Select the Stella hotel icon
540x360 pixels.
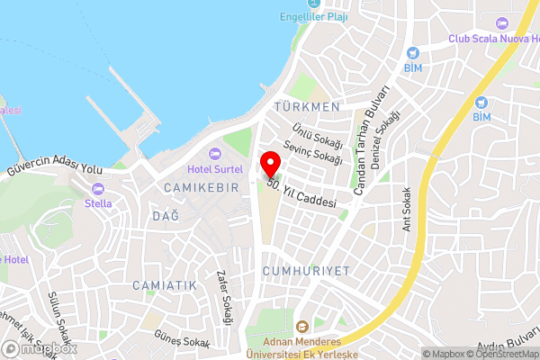click(x=98, y=189)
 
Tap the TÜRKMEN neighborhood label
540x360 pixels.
click(x=309, y=107)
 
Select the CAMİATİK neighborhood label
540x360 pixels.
click(x=164, y=284)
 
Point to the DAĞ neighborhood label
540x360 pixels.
click(x=166, y=217)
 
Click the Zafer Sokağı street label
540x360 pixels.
click(x=225, y=298)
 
